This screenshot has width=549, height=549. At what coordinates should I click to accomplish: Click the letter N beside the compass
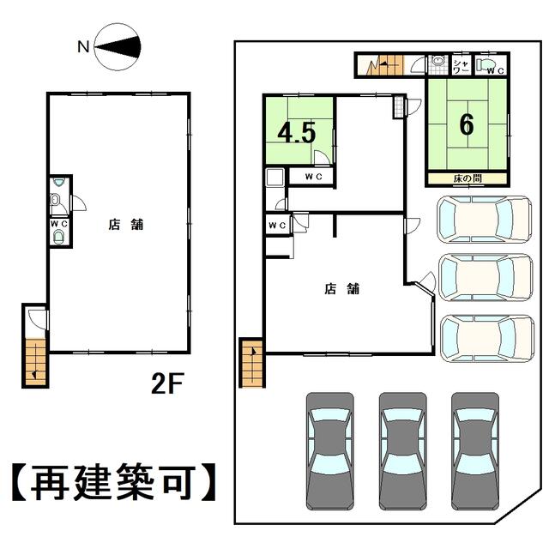pos(83,46)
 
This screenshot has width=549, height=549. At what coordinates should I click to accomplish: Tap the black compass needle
pos(118,46)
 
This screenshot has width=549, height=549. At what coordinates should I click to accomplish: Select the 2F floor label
pos(167,383)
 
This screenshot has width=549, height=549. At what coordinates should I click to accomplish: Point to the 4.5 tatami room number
pos(297,133)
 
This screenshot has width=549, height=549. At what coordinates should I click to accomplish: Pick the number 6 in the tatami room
pos(467,124)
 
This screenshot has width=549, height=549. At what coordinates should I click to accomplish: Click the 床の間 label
pos(467,178)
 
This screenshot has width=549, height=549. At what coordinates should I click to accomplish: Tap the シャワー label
pos(461,66)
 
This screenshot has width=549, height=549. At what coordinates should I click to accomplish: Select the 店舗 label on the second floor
pos(126,225)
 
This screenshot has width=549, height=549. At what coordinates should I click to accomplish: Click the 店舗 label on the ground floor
pos(341,289)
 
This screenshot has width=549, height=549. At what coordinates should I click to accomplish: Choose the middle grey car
pos(403,451)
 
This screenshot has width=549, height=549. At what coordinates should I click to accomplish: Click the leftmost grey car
pos(329,451)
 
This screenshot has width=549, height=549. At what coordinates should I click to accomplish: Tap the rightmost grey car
pos(475,451)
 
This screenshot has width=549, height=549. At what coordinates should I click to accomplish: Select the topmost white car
pos(485,220)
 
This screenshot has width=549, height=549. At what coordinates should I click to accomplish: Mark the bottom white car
pos(487,338)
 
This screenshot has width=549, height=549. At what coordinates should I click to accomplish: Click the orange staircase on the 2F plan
pos(36,362)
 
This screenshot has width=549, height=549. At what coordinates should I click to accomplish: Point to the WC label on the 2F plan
pos(59,224)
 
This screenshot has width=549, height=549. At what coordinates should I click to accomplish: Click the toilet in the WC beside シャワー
pos(486,64)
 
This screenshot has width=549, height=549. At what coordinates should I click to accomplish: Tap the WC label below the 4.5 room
pos(313,177)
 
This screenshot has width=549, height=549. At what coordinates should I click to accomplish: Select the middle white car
pos(486,278)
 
